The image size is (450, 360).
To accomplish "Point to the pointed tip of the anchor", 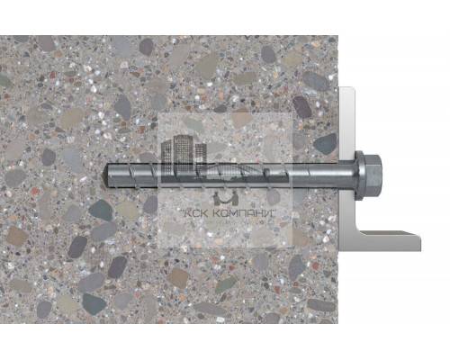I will click(107, 170).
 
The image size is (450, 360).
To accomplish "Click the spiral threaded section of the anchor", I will click(171, 169).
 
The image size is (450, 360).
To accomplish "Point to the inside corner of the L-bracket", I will click(354, 233).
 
